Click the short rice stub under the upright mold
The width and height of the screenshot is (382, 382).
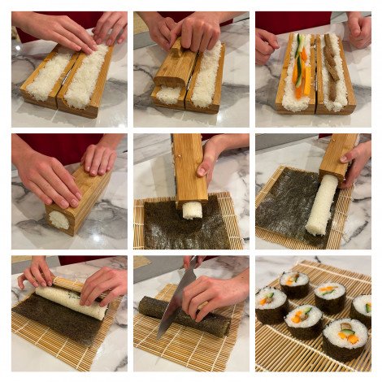(191, 210)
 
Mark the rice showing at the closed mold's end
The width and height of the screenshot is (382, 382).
(59, 219)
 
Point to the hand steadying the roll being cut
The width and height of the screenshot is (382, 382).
(214, 294)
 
